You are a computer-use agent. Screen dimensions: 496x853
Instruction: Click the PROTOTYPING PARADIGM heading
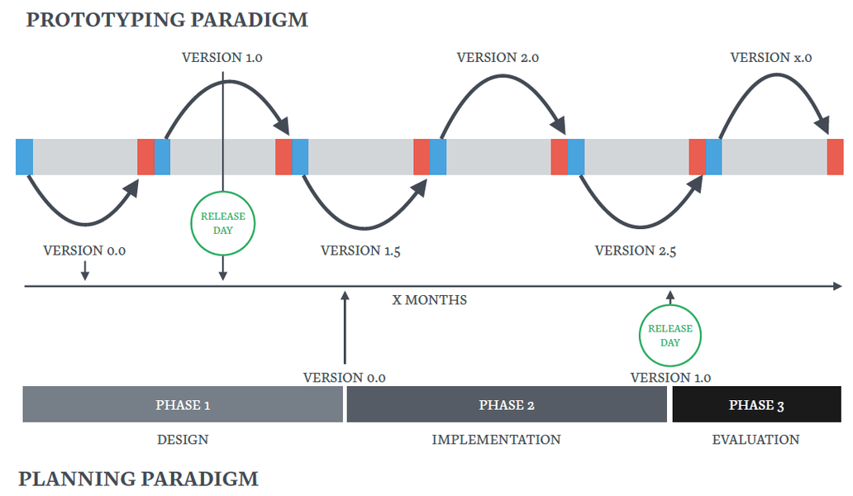(167, 20)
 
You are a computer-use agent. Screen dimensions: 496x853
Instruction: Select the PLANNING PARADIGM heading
(138, 479)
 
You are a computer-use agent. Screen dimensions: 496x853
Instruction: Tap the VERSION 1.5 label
(360, 250)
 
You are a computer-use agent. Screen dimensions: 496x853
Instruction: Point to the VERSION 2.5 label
(635, 250)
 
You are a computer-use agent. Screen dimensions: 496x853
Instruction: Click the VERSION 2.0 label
(498, 58)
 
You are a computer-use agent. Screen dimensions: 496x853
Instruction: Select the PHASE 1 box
(183, 405)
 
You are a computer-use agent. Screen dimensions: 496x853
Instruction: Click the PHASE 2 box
(507, 405)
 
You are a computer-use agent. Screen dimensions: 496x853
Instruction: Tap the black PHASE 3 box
(756, 405)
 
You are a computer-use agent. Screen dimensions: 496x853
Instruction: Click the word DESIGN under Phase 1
(183, 440)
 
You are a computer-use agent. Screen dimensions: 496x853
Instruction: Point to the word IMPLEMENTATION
(496, 440)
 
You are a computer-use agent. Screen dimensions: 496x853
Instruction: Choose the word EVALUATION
(755, 440)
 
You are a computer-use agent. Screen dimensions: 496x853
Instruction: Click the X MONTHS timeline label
(429, 300)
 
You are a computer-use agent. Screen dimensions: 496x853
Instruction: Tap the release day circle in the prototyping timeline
(223, 223)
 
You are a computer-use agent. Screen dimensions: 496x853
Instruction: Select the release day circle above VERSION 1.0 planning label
(670, 335)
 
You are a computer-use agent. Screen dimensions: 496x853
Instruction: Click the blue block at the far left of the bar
(24, 157)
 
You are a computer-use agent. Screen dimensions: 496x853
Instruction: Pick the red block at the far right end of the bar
(835, 157)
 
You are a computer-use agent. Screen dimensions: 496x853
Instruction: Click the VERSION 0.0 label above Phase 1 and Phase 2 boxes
(345, 378)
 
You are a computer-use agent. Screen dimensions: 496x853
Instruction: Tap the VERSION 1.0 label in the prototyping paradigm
(222, 58)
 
